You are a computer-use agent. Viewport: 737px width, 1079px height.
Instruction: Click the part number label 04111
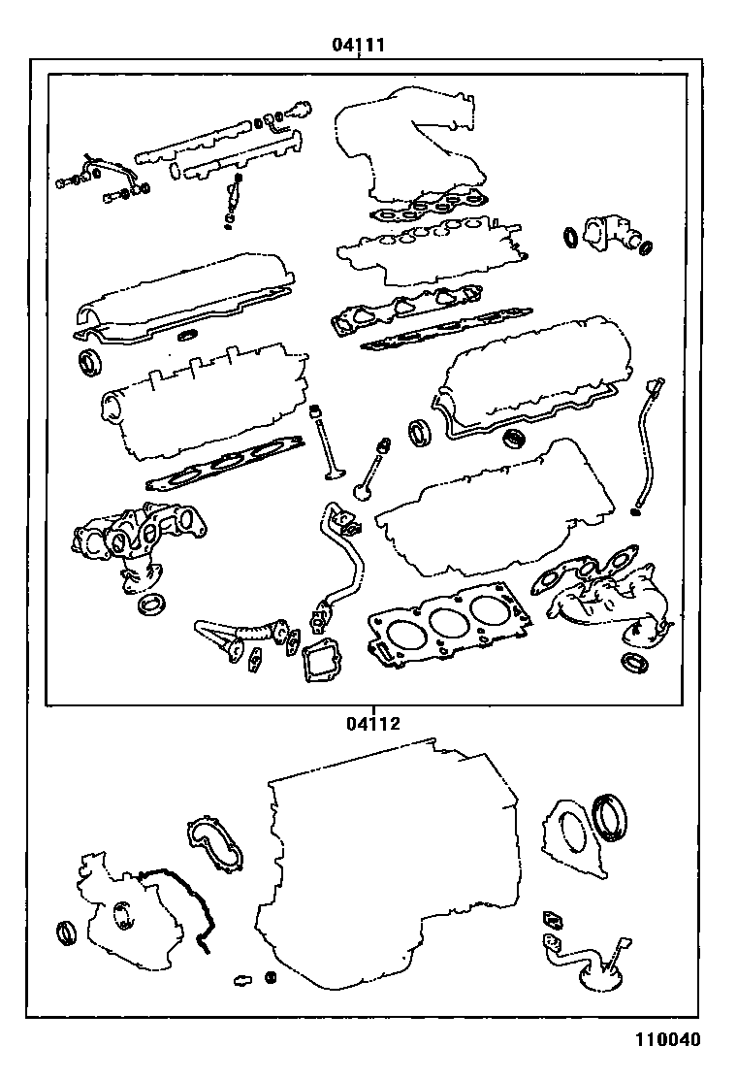[x=359, y=45]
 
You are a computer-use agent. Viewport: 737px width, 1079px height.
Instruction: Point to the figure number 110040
[x=667, y=1040]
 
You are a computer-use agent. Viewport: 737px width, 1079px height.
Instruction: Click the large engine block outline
[x=388, y=873]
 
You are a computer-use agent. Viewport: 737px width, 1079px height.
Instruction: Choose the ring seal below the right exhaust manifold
[x=635, y=664]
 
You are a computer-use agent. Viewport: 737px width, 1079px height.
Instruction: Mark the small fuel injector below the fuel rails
[x=233, y=199]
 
